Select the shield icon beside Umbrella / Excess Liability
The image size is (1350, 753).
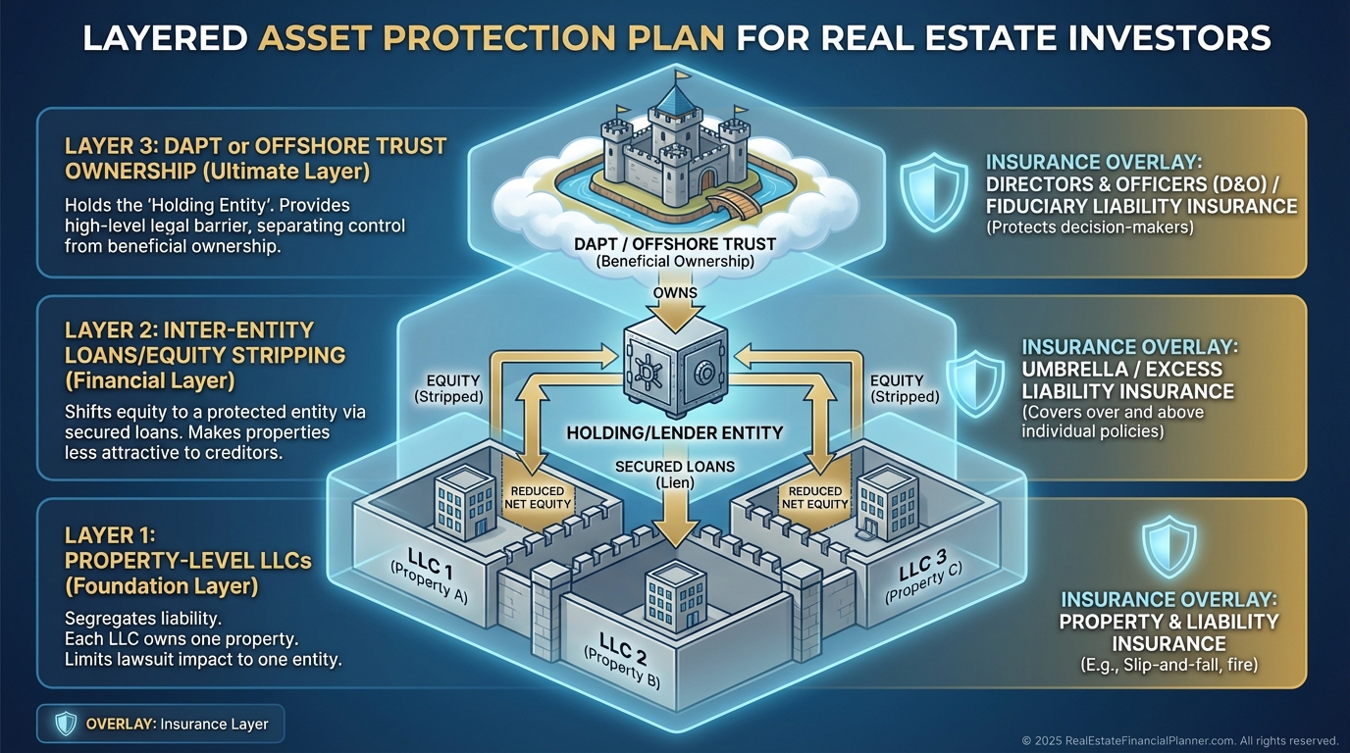pyautogui.click(x=974, y=383)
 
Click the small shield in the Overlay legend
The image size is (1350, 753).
pyautogui.click(x=66, y=725)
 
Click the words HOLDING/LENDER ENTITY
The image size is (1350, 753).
pyautogui.click(x=675, y=432)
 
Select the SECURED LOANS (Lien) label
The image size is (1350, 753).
pyautogui.click(x=675, y=474)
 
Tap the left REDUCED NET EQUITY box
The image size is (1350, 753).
pyautogui.click(x=539, y=498)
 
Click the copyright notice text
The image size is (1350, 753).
pyautogui.click(x=1180, y=740)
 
